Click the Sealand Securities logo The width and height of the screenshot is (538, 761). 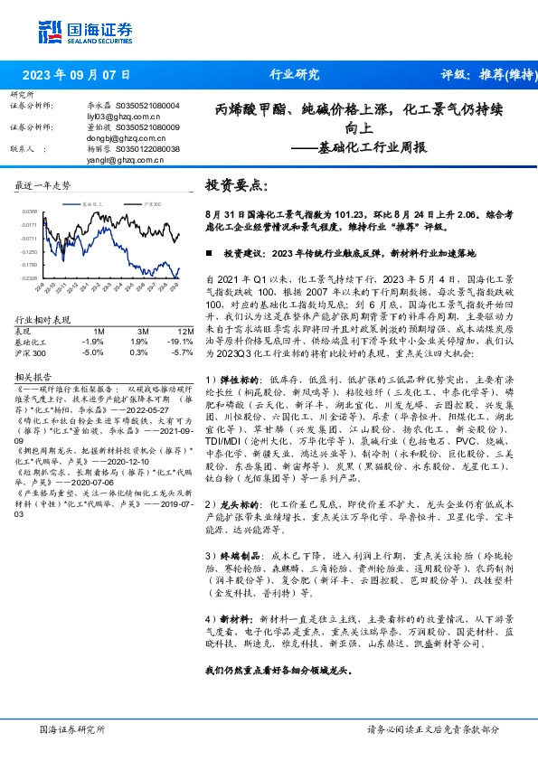[76, 31]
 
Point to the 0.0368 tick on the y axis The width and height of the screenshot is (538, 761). [30, 211]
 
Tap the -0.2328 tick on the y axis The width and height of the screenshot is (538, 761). [30, 278]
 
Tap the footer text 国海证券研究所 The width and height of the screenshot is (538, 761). [72, 728]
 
